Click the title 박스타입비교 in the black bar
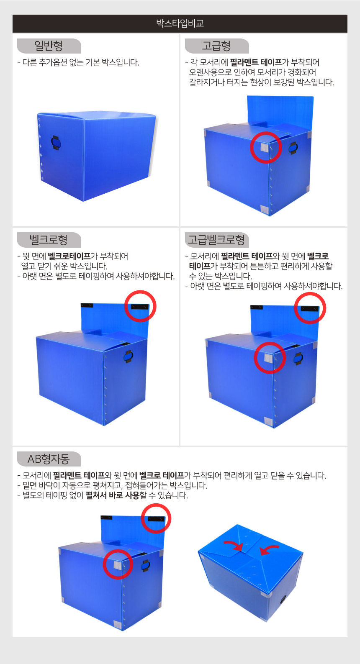click(x=180, y=23)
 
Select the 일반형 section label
click(x=49, y=46)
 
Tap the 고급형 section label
click(x=216, y=46)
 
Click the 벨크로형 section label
click(x=49, y=240)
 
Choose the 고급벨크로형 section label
click(x=216, y=240)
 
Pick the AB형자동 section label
click(x=49, y=459)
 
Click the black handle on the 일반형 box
click(x=56, y=143)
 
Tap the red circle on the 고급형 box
click(x=266, y=147)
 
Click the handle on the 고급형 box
click(x=293, y=148)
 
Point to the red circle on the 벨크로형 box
click(x=140, y=306)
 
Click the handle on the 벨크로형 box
click(x=129, y=356)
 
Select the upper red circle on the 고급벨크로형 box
click(x=310, y=308)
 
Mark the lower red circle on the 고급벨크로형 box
click(x=270, y=358)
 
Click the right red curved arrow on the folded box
click(x=269, y=549)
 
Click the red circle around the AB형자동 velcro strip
click(x=156, y=518)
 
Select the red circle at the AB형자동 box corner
click(x=118, y=564)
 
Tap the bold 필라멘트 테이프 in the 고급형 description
click(x=256, y=62)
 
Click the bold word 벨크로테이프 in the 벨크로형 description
click(x=69, y=256)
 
